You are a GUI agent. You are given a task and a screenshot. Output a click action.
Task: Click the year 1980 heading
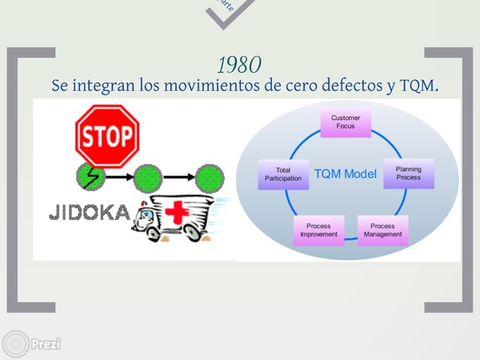pos(239,64)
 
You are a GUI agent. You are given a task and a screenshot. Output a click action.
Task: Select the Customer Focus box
pos(346,122)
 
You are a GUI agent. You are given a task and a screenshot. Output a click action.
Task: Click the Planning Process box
pos(409,173)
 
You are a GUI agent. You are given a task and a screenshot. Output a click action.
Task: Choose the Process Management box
pos(382,230)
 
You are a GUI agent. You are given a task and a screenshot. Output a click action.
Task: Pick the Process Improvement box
pos(319,230)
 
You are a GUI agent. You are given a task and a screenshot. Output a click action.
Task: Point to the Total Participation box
pos(283,174)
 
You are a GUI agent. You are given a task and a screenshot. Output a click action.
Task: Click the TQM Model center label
pos(345,174)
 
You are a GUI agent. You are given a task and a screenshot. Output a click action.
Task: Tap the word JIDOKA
pos(89,214)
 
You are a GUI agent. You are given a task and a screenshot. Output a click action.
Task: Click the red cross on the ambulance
pos(177,212)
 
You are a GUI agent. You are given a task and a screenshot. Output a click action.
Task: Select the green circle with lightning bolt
pos(90,178)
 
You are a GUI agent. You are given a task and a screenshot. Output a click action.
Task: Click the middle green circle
pos(148,178)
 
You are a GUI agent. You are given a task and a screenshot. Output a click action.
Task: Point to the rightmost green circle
pos(209,178)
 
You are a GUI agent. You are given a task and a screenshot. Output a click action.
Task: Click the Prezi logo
pos(31,344)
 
